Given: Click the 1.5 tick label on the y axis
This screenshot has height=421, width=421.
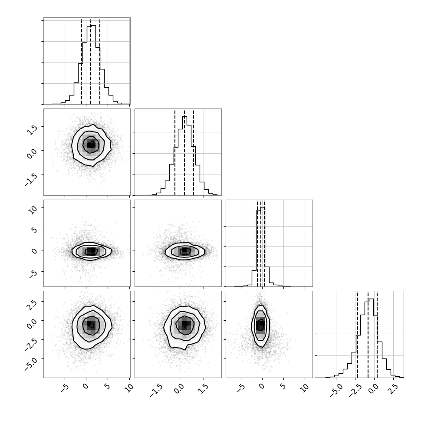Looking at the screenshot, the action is (x=32, y=129).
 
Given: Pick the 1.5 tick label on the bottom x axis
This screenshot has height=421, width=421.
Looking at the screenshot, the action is (x=205, y=389).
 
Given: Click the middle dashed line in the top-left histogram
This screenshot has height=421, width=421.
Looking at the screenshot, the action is (x=91, y=62).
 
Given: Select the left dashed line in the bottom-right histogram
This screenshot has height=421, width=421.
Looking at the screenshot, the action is (x=357, y=335).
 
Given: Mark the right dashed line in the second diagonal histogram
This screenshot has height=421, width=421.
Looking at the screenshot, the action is (x=194, y=152).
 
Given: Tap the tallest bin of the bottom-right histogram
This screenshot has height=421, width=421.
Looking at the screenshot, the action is (x=372, y=338).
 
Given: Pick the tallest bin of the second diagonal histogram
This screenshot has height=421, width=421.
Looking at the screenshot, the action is (x=184, y=156).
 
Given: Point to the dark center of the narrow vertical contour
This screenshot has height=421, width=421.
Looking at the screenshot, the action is (x=260, y=324).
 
